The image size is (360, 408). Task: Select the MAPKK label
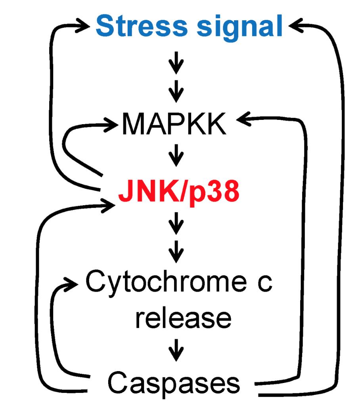click(x=174, y=124)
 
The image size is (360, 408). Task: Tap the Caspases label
click(x=174, y=383)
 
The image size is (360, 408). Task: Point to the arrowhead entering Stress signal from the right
click(x=295, y=26)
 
